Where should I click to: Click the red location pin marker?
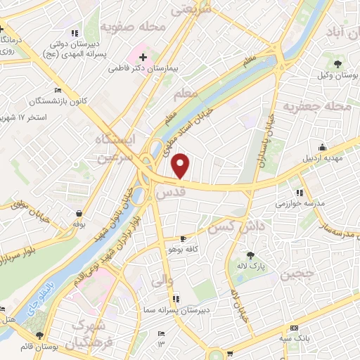pos(181,166)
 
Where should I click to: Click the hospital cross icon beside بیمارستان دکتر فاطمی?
pos(143,56)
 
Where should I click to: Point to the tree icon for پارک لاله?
pos(251,256)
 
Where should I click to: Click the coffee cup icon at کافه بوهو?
pos(184,239)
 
